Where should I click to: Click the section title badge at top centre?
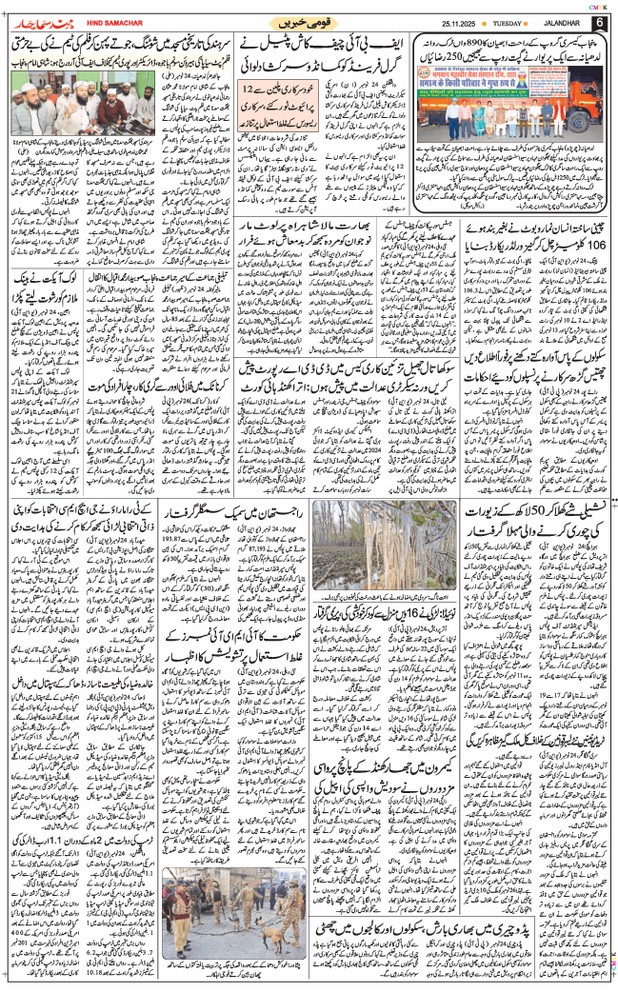click(x=309, y=21)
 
